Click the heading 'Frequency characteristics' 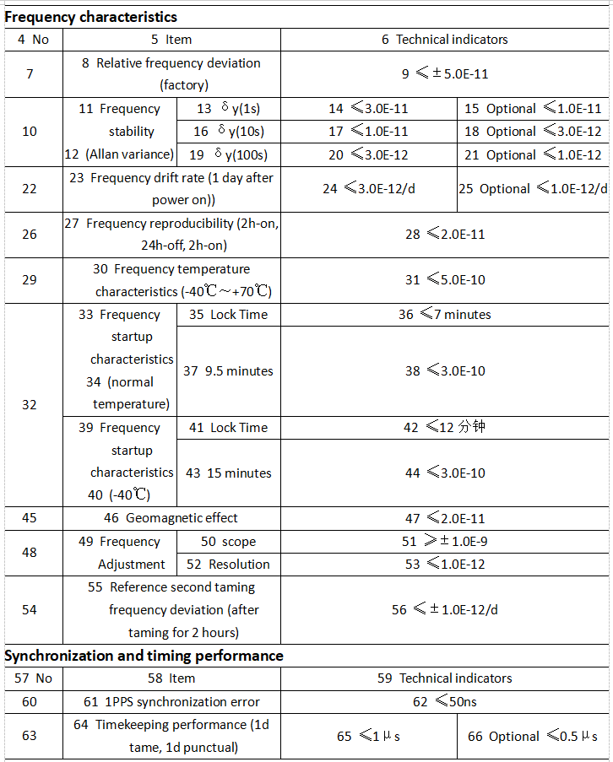tap(91, 17)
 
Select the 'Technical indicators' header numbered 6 tap(445, 40)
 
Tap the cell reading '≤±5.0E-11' tap(445, 74)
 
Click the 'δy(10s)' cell tap(229, 132)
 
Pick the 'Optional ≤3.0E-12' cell tap(533, 132)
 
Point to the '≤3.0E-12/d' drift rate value tap(369, 189)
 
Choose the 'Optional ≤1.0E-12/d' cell tap(533, 189)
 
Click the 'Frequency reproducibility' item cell tap(172, 235)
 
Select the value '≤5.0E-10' tap(445, 280)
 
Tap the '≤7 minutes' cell tap(445, 315)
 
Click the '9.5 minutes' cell tap(228, 371)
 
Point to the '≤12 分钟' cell tap(445, 428)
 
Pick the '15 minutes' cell tap(228, 473)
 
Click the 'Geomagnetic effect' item tap(171, 518)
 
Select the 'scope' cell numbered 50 tap(228, 542)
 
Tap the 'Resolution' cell tap(228, 565)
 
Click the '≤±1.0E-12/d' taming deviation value tap(445, 610)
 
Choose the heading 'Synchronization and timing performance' tap(144, 656)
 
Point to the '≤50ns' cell tap(445, 701)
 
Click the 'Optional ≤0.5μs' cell tap(533, 737)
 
